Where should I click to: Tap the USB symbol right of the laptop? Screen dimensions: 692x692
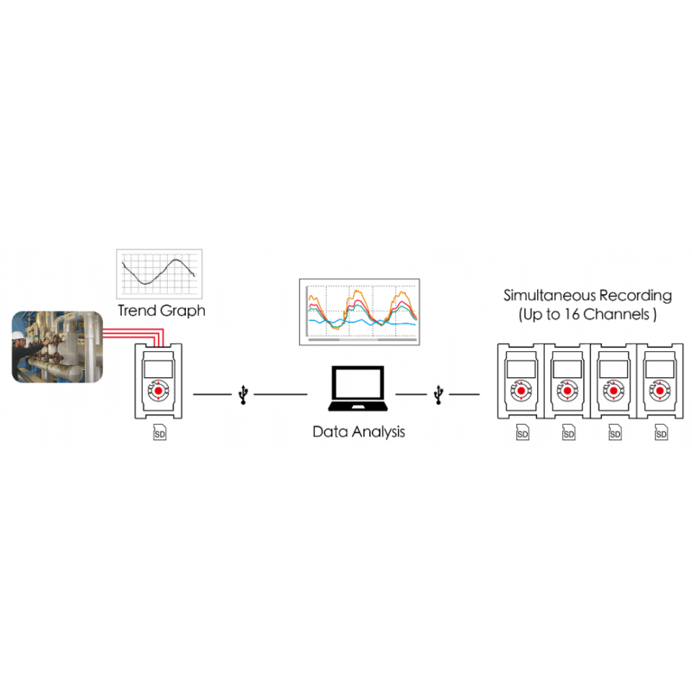click(x=440, y=394)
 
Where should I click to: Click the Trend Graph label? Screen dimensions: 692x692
click(x=162, y=310)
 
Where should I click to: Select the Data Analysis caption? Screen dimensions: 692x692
click(x=358, y=431)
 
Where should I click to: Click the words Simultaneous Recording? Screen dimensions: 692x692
click(x=588, y=295)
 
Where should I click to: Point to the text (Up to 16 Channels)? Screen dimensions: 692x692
click(x=588, y=315)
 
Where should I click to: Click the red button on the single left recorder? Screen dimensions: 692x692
click(x=158, y=394)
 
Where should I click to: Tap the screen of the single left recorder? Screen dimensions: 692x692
click(x=158, y=368)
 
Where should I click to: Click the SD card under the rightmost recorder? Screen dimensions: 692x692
click(x=662, y=432)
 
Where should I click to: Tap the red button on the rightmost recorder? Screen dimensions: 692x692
click(x=661, y=393)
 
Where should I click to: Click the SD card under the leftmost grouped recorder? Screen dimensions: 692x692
click(x=522, y=432)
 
